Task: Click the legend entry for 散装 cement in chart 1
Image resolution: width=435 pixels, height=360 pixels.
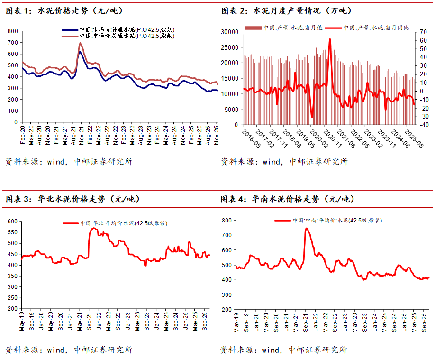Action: [x=118, y=30]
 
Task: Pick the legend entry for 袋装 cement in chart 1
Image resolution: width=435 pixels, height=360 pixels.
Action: [x=118, y=36]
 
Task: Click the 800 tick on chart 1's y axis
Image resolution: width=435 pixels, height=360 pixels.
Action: [x=13, y=31]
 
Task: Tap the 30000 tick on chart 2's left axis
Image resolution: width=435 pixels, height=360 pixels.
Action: [x=230, y=32]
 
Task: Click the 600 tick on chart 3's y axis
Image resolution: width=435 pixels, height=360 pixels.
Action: [x=11, y=222]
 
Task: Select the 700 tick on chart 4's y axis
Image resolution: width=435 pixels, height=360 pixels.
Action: [x=227, y=235]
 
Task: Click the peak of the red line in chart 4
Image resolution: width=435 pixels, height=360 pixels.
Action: [x=307, y=228]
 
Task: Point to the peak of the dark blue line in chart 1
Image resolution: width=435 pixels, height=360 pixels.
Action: [x=80, y=51]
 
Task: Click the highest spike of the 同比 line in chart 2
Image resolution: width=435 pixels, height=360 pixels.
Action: [x=330, y=39]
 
